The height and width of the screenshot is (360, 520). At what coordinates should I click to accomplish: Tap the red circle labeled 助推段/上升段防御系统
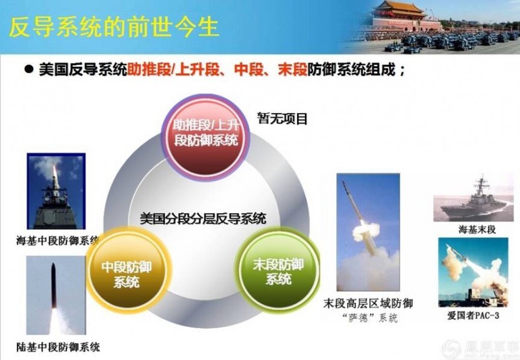(205, 132)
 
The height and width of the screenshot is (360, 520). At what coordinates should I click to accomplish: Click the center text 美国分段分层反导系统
(203, 219)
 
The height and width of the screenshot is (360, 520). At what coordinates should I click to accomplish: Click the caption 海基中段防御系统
(57, 241)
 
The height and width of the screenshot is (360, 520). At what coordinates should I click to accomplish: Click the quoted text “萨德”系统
(368, 318)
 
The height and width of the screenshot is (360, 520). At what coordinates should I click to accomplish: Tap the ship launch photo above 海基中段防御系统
(55, 192)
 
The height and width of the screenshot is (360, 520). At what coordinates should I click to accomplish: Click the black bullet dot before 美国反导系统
(29, 70)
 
